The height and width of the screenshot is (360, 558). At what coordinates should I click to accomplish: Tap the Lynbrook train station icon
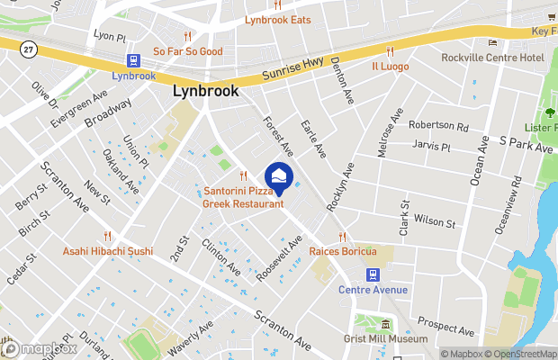tap(134, 61)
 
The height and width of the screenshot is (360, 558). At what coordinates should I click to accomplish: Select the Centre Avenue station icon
tap(371, 274)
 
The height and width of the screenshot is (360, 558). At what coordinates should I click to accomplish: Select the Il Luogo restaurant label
tap(390, 66)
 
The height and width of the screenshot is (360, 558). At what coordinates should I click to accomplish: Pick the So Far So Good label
tap(187, 51)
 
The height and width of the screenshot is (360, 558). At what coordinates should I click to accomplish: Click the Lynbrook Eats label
tap(278, 20)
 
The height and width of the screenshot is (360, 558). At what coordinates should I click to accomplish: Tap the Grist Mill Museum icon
tap(385, 325)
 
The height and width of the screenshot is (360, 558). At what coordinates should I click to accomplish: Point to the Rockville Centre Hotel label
tap(493, 58)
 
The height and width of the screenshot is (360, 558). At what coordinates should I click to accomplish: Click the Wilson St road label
tap(435, 220)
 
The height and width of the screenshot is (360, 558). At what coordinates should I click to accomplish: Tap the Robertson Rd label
tap(438, 126)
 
